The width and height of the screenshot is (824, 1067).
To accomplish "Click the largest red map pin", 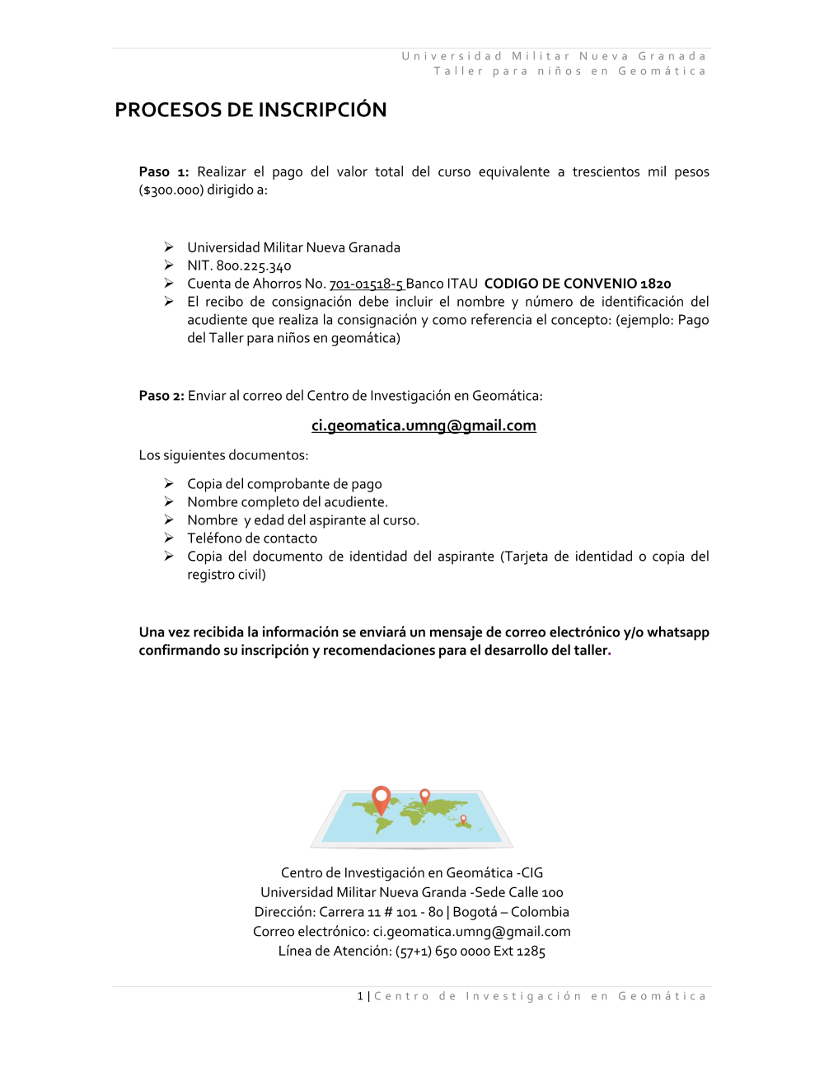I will coord(381,797).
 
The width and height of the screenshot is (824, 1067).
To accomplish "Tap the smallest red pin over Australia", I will coord(464,819).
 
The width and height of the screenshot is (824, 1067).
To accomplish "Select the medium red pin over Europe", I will coord(425,796).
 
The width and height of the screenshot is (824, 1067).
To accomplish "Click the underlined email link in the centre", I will coord(424,425).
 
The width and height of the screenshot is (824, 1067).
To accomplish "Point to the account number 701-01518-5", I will coord(366,284).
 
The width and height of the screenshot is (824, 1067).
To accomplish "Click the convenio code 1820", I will coord(656,284).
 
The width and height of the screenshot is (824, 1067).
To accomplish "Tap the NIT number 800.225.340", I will coord(254,266).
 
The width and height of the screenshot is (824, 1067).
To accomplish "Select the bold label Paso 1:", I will coord(164,172).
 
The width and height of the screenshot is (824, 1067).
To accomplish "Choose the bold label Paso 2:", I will coord(162,396).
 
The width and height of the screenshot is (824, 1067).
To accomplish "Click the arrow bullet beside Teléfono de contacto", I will coord(169,538).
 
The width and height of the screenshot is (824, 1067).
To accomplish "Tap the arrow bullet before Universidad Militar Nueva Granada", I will coord(169,247).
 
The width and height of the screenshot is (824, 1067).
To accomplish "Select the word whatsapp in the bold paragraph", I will coord(678,632).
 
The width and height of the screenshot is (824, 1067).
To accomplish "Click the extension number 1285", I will coord(531,952).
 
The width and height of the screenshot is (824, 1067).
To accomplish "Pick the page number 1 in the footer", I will coord(360,997).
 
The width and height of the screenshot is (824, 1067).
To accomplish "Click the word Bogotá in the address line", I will coord(475,912).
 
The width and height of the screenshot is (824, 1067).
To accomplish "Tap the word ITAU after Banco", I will coord(462,284).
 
